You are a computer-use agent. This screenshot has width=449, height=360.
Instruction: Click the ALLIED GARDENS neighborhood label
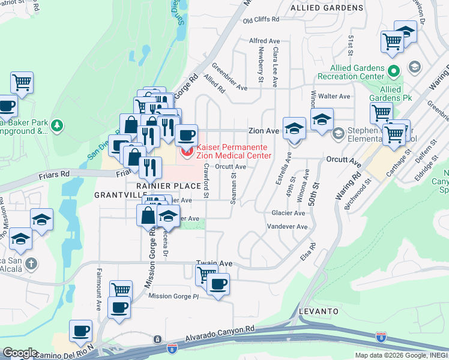pos(327,8)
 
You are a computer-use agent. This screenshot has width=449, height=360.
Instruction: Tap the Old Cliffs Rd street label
pos(261,20)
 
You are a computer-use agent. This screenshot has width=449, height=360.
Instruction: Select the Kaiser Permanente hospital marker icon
pos(187,152)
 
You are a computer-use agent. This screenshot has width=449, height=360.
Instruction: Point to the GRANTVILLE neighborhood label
pos(118,196)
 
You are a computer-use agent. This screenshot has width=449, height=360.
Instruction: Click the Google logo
pos(20,353)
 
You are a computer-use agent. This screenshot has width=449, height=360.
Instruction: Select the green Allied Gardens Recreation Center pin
pos(394,71)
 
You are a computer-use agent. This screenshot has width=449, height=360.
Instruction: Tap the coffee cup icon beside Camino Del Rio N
pos(80,330)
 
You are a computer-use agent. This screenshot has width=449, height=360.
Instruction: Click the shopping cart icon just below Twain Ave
pos(206,274)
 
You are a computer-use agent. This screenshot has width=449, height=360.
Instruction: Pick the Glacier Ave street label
pos(288,213)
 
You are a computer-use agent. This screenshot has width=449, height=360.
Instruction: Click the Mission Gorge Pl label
pos(173,296)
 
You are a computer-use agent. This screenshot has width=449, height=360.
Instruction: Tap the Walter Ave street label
pos(334,96)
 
